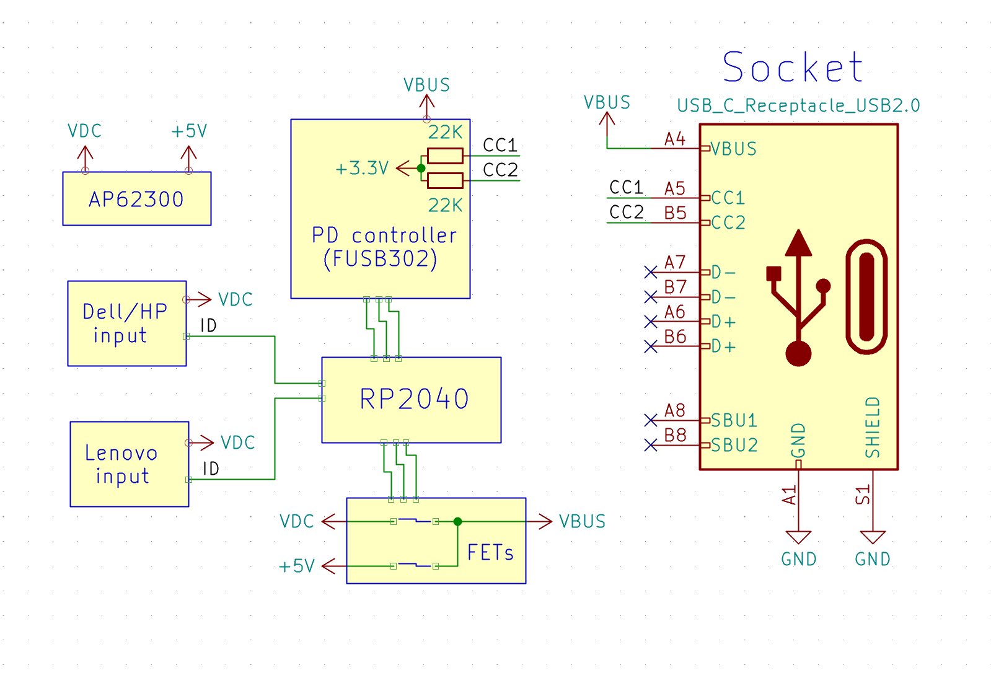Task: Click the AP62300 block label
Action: (x=136, y=200)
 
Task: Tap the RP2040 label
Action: (x=414, y=399)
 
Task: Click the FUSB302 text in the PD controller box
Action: (x=381, y=258)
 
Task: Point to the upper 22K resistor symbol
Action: (x=445, y=156)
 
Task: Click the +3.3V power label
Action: (x=362, y=168)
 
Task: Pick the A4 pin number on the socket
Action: (x=675, y=139)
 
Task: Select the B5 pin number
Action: (x=675, y=213)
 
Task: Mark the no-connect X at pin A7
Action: (x=650, y=272)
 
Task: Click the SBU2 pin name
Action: (x=734, y=445)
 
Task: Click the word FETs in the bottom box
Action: (x=490, y=552)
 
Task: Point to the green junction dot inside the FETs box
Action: (x=457, y=522)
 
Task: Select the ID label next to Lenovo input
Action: (x=211, y=469)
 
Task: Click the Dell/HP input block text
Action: (x=125, y=323)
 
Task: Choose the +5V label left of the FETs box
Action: (x=297, y=566)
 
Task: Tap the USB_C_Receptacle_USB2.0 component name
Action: (x=798, y=105)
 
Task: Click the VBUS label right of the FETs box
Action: (x=582, y=522)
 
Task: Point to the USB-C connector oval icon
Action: (x=866, y=296)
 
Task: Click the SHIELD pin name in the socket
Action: (x=873, y=428)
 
